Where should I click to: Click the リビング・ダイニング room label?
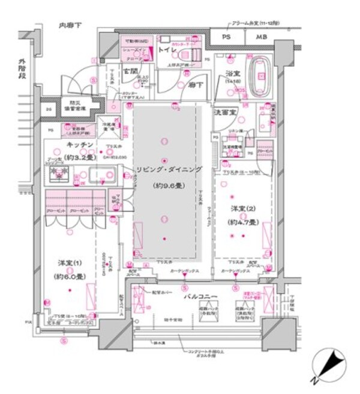(168, 169)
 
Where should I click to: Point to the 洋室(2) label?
(243, 209)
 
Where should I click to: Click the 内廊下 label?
(70, 25)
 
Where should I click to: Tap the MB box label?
(262, 38)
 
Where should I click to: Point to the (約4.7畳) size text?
(243, 222)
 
